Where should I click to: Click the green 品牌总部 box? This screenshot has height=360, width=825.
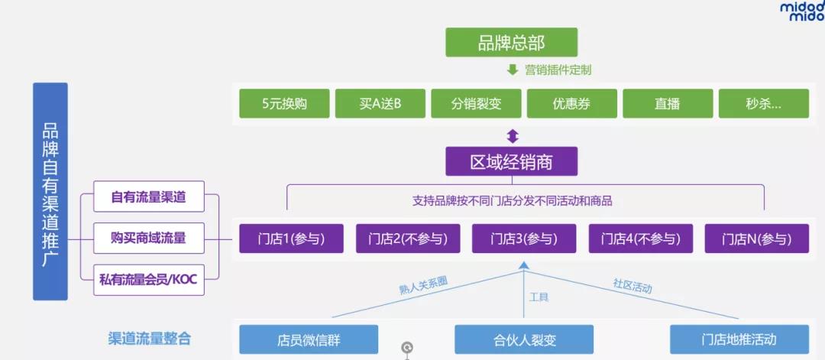pyautogui.click(x=512, y=42)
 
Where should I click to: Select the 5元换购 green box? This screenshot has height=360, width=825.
pyautogui.click(x=284, y=104)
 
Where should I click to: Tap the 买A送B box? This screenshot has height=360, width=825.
pyautogui.click(x=380, y=104)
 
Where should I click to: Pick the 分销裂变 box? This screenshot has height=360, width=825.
pyautogui.click(x=476, y=104)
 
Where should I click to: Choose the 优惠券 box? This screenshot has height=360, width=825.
pyautogui.click(x=571, y=104)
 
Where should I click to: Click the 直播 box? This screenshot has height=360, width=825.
pyautogui.click(x=668, y=104)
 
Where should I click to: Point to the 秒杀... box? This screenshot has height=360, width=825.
pyautogui.click(x=764, y=104)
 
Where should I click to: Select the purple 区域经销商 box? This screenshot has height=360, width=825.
pyautogui.click(x=512, y=162)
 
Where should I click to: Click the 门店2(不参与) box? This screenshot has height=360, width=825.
pyautogui.click(x=408, y=238)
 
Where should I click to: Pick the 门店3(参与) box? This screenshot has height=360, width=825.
pyautogui.click(x=524, y=238)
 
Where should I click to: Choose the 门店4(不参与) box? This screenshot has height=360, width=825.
pyautogui.click(x=640, y=238)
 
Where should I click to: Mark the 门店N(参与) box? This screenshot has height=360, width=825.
pyautogui.click(x=756, y=238)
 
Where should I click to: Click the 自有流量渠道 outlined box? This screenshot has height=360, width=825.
pyautogui.click(x=148, y=197)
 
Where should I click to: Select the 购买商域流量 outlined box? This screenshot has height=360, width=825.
pyautogui.click(x=148, y=238)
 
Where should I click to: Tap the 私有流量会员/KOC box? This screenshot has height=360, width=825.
pyautogui.click(x=148, y=280)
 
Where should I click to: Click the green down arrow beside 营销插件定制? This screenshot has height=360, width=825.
pyautogui.click(x=513, y=70)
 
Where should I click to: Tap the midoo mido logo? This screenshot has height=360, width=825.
pyautogui.click(x=801, y=11)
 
